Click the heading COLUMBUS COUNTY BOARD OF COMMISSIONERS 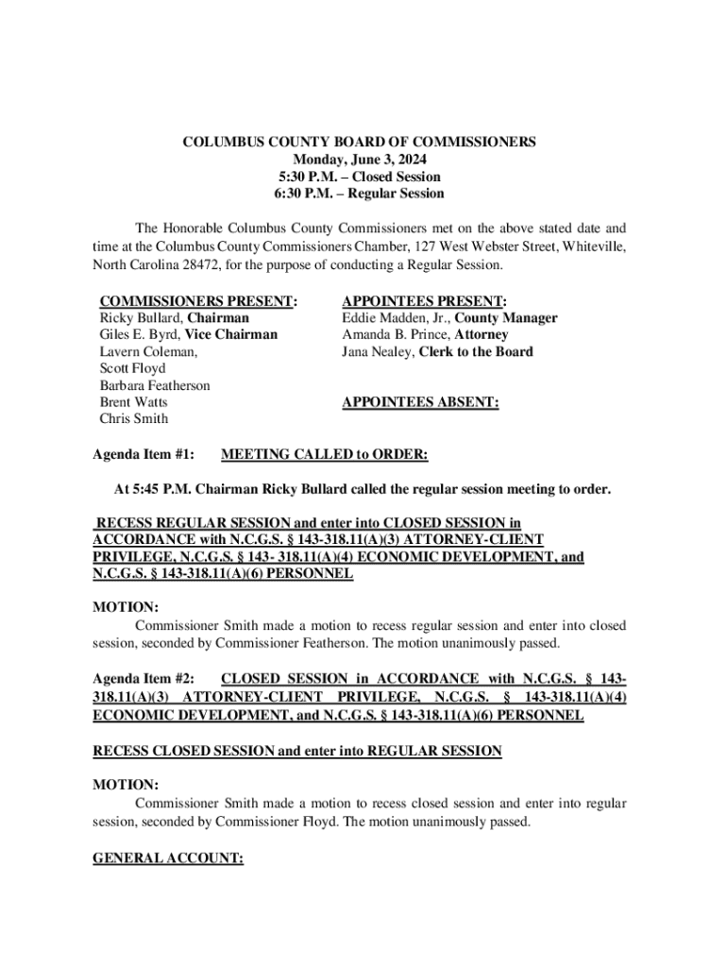pos(359,142)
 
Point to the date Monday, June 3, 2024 pos(359,160)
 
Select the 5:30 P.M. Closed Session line pos(359,177)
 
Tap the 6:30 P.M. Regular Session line pos(359,194)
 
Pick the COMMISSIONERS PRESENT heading pos(198,301)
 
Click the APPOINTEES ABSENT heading pos(420,402)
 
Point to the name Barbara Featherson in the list pos(155,385)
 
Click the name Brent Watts pos(134,402)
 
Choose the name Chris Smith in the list pos(134,419)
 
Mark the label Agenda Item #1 pos(144,455)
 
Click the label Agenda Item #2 pos(144,680)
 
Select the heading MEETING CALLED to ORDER pos(324,455)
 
